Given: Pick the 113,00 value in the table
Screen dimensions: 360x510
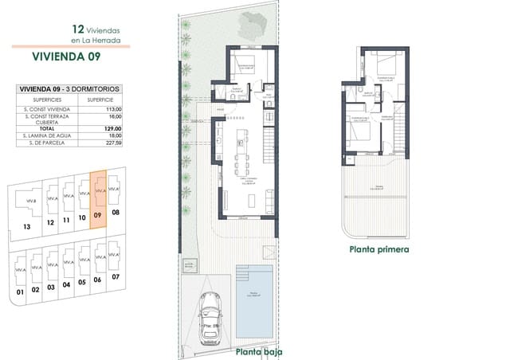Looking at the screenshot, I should (x=112, y=108).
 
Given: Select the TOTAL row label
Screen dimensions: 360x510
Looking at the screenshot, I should (x=47, y=128).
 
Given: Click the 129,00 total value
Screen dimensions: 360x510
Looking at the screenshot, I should (x=112, y=128).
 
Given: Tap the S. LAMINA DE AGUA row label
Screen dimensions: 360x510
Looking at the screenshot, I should (x=47, y=135).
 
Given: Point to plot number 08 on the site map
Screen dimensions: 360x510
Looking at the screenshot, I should (x=116, y=213).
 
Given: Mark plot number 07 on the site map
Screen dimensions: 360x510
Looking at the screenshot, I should (x=116, y=276).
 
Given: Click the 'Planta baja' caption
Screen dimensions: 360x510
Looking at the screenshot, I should (x=259, y=351).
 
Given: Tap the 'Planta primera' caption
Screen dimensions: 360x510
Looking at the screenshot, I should (x=379, y=248).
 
